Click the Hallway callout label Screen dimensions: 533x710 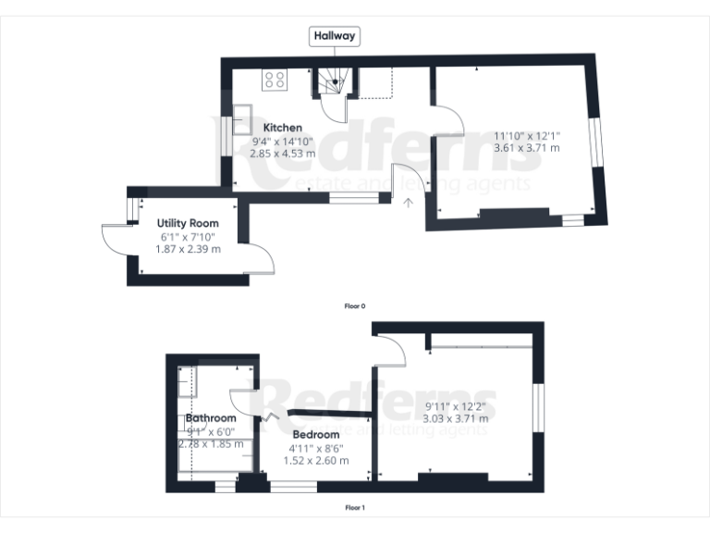point(335,36)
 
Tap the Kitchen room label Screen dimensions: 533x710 point(283,128)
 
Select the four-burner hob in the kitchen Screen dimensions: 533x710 point(275,80)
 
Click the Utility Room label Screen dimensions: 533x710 point(188,224)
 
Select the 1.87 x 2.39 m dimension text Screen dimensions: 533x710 point(189,249)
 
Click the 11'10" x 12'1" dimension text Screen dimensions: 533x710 point(527,134)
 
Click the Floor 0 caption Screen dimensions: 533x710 point(355,305)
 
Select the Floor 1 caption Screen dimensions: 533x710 point(355,507)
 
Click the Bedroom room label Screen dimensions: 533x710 point(316,434)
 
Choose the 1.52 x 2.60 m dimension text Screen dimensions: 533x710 point(316,460)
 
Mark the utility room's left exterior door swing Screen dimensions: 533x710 point(115,240)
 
